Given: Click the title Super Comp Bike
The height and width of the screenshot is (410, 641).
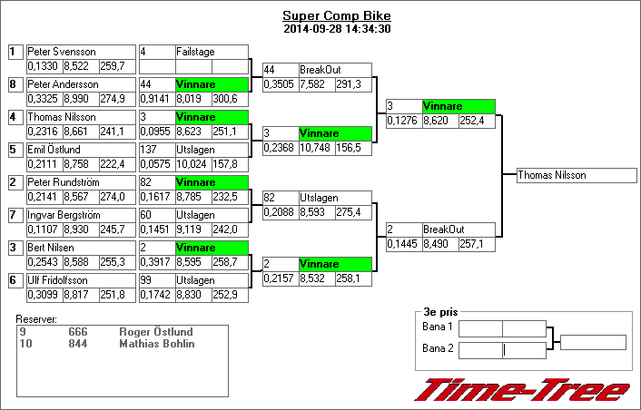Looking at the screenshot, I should pos(337,16).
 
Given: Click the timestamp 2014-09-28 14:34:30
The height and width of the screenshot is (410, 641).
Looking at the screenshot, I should pos(337,29).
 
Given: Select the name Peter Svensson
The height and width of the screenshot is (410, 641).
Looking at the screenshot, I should pos(62,53).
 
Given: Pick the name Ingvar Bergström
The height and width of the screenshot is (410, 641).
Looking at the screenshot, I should pos(64,215).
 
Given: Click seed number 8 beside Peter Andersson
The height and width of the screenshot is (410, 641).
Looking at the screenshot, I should pos(14,85).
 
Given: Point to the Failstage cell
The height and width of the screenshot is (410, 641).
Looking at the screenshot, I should pos(195,53).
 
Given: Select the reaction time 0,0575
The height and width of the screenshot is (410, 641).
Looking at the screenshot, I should pos(153,163).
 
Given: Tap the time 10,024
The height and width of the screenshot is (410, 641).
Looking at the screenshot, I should pos(192,163).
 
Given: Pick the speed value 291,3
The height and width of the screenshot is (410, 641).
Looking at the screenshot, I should pos(350,83).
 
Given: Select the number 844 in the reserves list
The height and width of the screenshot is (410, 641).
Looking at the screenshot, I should pos(79,344).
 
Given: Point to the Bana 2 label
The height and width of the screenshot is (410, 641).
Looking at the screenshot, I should pos(438,348).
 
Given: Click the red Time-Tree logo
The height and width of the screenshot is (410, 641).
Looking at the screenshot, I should pos(522,390).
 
